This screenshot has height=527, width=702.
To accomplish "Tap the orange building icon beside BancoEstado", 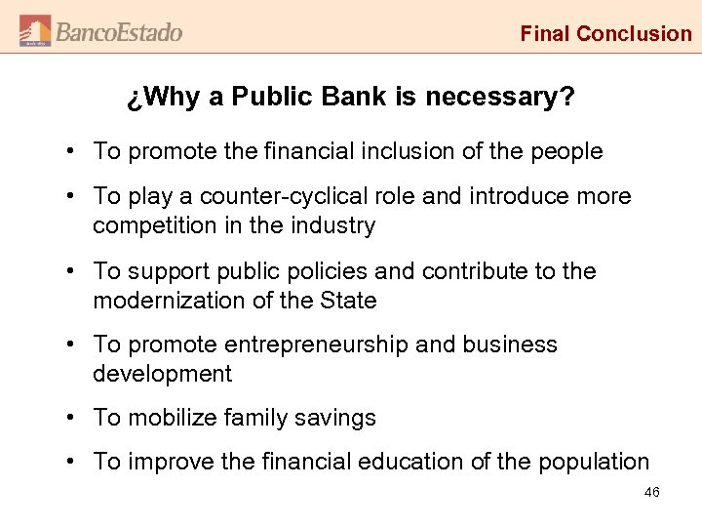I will pyautogui.click(x=35, y=31).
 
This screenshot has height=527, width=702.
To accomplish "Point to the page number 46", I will pyautogui.click(x=652, y=493).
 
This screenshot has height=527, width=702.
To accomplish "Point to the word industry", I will pyautogui.click(x=331, y=225).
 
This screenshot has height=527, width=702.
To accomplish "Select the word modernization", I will pyautogui.click(x=165, y=301).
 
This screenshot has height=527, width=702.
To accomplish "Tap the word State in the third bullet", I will pyautogui.click(x=348, y=301).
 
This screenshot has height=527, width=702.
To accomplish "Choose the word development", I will pyautogui.click(x=163, y=374).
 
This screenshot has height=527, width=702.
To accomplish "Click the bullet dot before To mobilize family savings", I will pyautogui.click(x=73, y=418).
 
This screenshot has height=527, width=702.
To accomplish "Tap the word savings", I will pyautogui.click(x=336, y=418).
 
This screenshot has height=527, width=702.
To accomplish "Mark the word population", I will pyautogui.click(x=591, y=462).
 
